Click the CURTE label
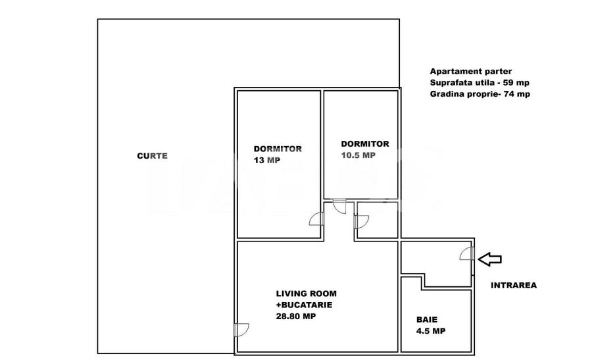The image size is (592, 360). tap(152, 156)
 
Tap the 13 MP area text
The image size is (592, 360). tap(266, 160)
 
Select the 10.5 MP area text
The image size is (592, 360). tap(358, 155)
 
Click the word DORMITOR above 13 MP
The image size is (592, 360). tap(278, 149)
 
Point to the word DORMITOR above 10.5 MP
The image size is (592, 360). tap(364, 143)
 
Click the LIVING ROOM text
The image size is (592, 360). tap(301, 294)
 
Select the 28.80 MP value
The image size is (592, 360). tap(296, 316)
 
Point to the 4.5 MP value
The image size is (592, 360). tap(430, 331)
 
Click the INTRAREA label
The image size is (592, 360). tap(514, 286)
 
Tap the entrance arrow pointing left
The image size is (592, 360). tap(489, 259)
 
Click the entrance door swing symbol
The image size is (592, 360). tap(466, 253)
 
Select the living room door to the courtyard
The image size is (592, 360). tap(241, 329)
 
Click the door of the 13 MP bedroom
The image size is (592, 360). tap(317, 220)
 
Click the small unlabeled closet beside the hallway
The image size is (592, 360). tap(378, 220)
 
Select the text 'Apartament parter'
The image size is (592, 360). tap(470, 71)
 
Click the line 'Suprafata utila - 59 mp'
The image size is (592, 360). tap(480, 82)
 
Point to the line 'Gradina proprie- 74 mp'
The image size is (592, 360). tap(480, 94)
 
